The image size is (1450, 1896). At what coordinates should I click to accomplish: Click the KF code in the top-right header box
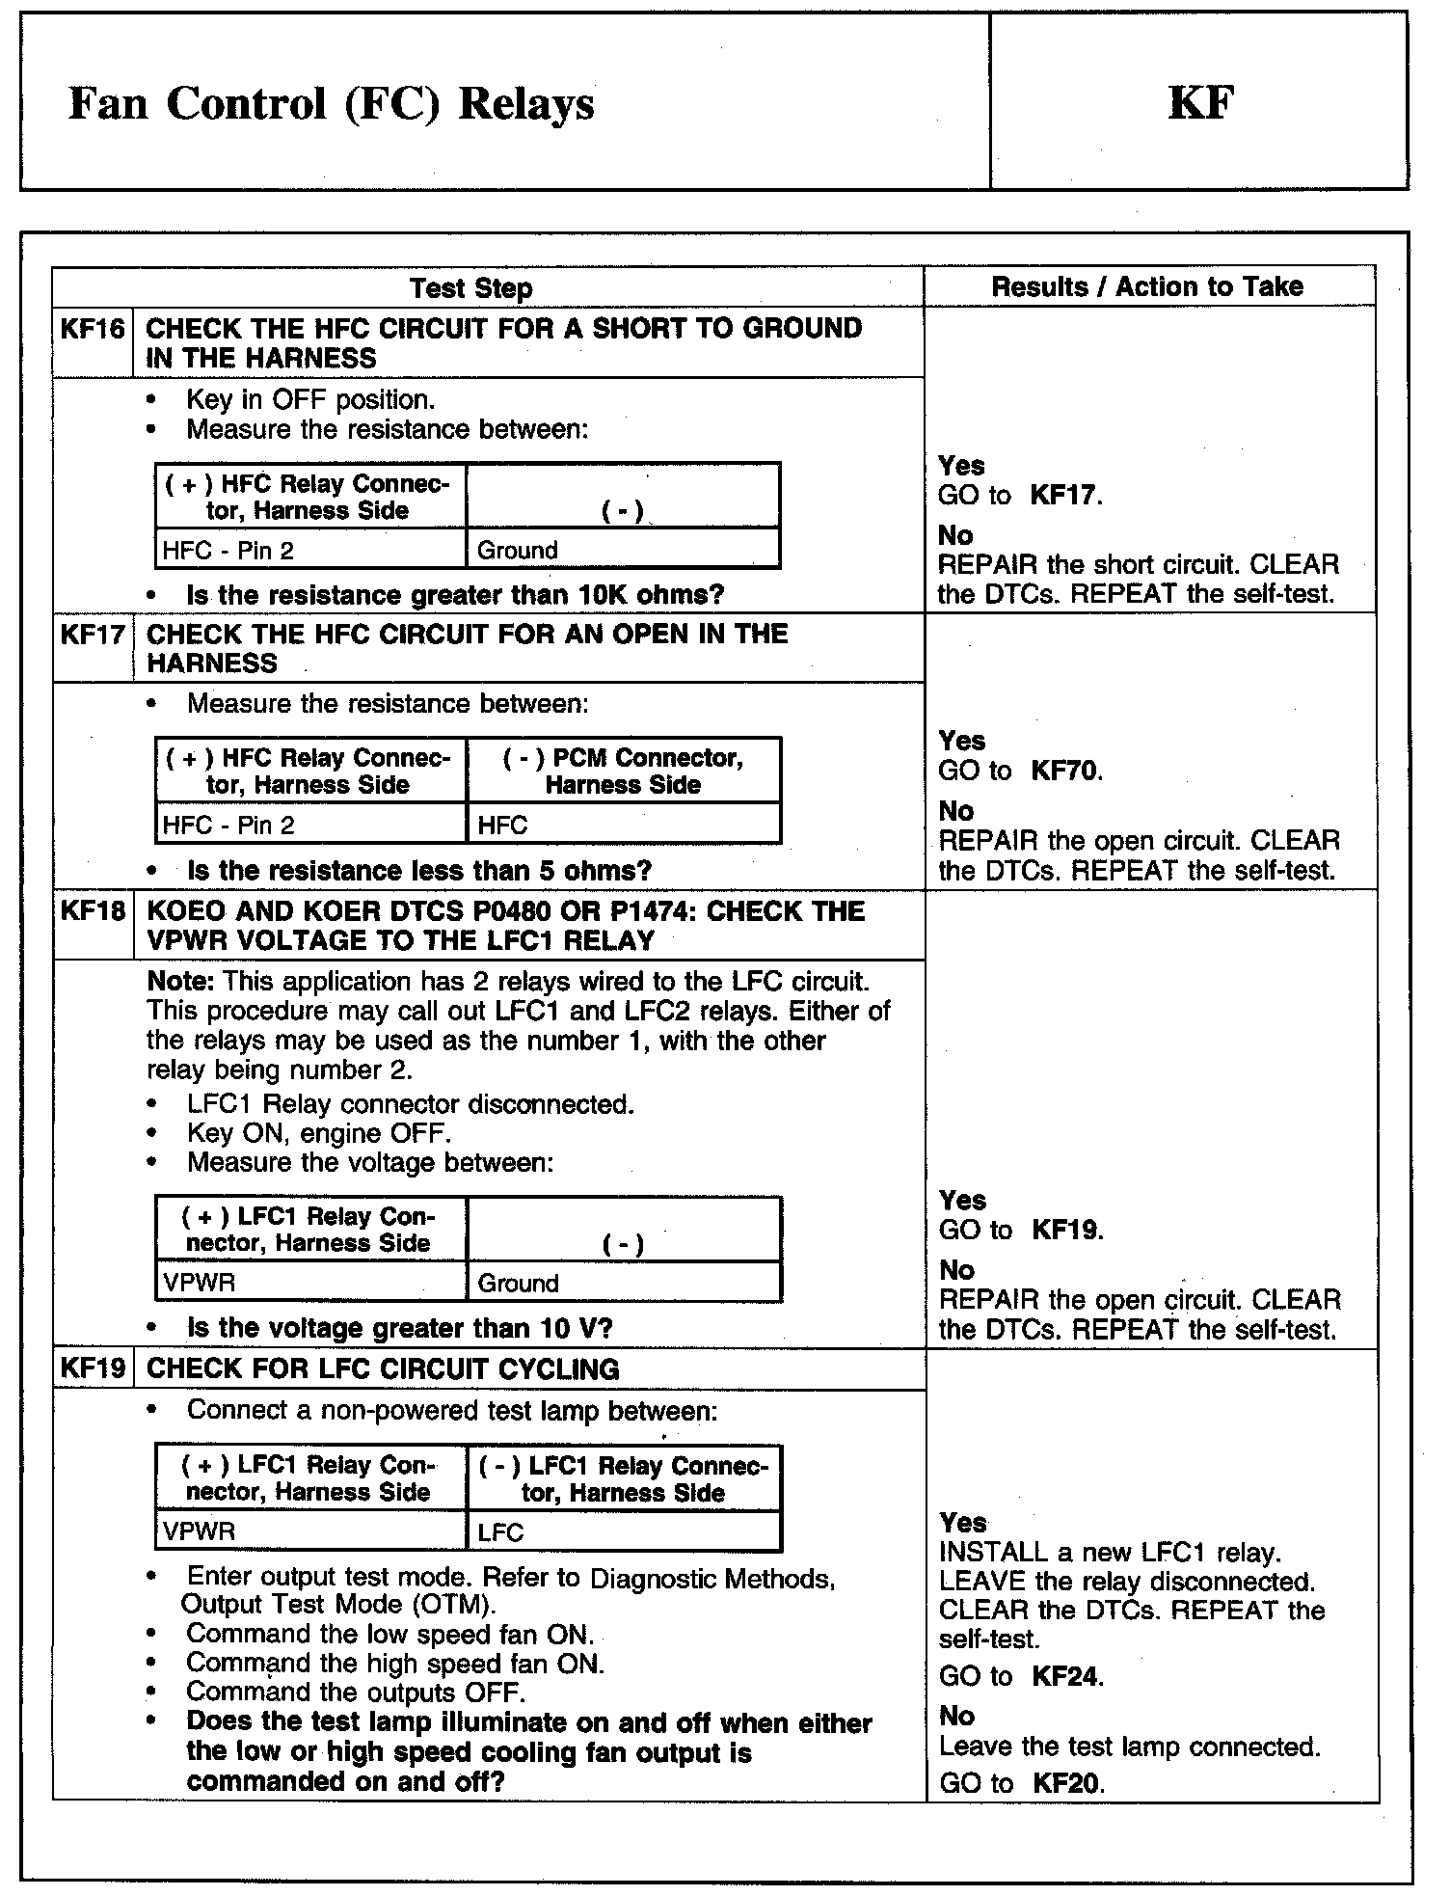1200,103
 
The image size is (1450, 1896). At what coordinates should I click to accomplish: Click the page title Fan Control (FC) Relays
331,104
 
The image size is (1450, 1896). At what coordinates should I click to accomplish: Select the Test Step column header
470,287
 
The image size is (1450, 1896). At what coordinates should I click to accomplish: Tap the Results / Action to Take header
1147,286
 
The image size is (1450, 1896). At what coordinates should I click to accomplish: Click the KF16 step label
93,329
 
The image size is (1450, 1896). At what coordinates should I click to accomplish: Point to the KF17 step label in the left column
93,635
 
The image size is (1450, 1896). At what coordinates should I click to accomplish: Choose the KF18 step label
93,911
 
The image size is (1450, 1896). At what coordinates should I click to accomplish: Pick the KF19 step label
93,1368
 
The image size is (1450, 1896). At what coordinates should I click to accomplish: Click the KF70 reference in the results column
1066,771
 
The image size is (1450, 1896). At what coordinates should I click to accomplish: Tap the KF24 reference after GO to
1066,1676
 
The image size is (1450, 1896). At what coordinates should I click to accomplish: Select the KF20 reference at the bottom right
1066,1783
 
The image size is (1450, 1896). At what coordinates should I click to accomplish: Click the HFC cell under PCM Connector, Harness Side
503,826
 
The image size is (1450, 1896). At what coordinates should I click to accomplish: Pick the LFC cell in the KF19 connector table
501,1531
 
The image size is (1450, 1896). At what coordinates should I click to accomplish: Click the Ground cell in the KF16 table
518,551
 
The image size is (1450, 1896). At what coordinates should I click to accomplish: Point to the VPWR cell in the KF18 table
200,1283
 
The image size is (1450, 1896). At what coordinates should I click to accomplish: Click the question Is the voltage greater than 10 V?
399,1328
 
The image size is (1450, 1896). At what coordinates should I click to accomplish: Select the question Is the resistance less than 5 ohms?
419,871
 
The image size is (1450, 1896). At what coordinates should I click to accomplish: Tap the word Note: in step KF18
180,982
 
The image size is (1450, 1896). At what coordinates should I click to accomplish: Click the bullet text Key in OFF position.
310,399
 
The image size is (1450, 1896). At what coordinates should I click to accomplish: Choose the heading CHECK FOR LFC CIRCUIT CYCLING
383,1369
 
